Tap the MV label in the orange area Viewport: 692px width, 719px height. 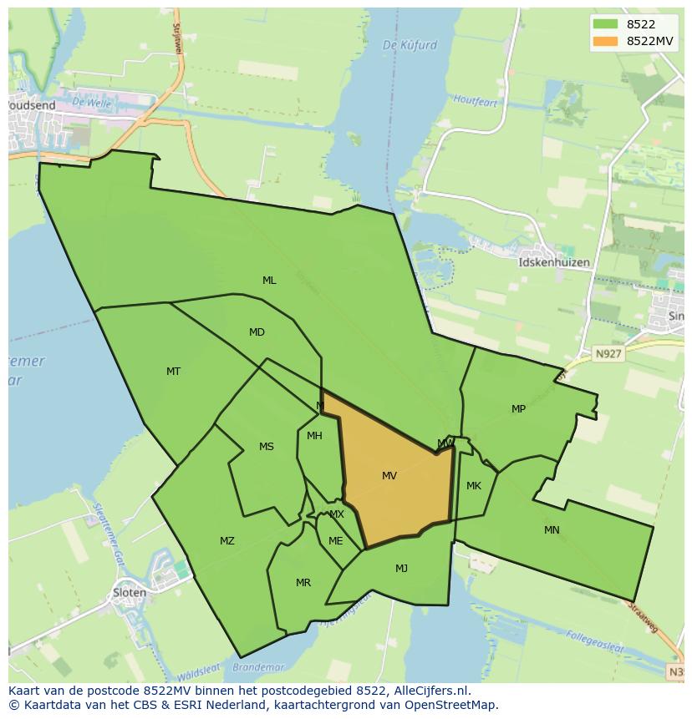pyautogui.click(x=389, y=476)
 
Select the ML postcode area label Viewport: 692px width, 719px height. pyautogui.click(x=269, y=281)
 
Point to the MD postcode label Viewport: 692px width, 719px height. pyautogui.click(x=257, y=332)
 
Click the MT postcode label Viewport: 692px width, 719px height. pyautogui.click(x=173, y=372)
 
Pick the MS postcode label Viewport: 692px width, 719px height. pyautogui.click(x=267, y=447)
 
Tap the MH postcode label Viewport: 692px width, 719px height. pyautogui.click(x=314, y=436)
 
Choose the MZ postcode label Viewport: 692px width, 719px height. pyautogui.click(x=227, y=541)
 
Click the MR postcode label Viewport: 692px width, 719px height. pyautogui.click(x=303, y=583)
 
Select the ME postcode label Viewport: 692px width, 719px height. pyautogui.click(x=336, y=541)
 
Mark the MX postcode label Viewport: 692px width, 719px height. pyautogui.click(x=337, y=514)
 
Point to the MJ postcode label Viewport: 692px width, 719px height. pyautogui.click(x=402, y=569)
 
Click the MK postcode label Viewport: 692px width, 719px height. pyautogui.click(x=474, y=486)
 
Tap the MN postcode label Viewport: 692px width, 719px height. pyautogui.click(x=552, y=530)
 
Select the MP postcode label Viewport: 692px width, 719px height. pyautogui.click(x=519, y=409)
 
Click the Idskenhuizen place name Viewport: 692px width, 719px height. pyautogui.click(x=554, y=262)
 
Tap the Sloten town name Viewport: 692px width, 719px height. pyautogui.click(x=130, y=593)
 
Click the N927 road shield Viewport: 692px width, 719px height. pyautogui.click(x=608, y=354)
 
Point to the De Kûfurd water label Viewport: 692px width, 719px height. pyautogui.click(x=410, y=45)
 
